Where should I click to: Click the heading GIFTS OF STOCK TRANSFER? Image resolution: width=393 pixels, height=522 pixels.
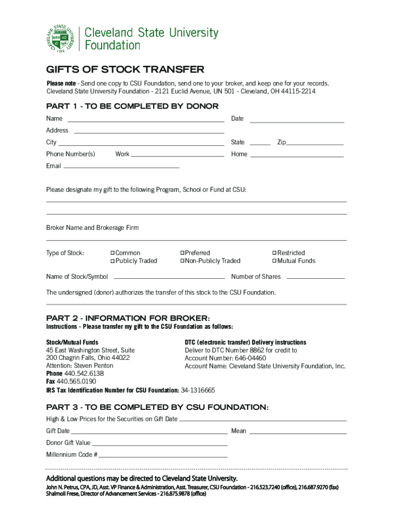click(x=125, y=70)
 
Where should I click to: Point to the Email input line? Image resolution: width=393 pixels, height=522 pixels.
click(x=121, y=167)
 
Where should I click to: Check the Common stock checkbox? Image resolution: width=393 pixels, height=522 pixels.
click(x=113, y=253)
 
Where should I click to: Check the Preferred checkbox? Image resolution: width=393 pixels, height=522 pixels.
click(x=182, y=253)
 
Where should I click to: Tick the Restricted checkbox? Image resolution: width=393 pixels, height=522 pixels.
click(x=275, y=253)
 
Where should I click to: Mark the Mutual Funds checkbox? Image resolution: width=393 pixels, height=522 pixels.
click(x=275, y=262)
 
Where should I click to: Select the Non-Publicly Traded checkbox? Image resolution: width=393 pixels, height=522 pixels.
click(x=182, y=262)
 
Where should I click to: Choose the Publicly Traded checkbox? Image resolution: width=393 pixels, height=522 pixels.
click(x=113, y=262)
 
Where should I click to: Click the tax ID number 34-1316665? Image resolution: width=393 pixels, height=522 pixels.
click(x=198, y=390)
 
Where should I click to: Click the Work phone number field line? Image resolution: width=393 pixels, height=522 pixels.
click(x=178, y=155)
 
